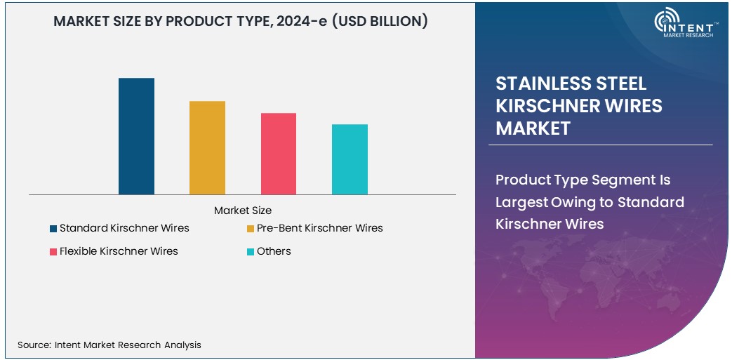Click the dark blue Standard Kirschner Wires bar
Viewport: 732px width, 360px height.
coord(136,136)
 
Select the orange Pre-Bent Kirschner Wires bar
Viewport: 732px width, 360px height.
coord(207,148)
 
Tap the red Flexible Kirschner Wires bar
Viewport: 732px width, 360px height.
coord(279,154)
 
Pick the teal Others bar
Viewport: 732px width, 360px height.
coord(350,159)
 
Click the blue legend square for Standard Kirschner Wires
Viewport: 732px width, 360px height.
coord(53,228)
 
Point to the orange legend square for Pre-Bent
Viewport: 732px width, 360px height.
coord(251,228)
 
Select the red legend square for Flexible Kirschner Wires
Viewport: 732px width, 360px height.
coord(53,251)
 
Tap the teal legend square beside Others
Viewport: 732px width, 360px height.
coord(251,251)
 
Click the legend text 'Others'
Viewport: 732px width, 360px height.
coord(274,251)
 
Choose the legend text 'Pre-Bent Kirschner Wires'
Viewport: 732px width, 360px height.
coord(320,228)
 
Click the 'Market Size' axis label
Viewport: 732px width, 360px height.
coord(243,211)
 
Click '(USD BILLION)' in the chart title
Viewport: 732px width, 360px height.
coord(380,21)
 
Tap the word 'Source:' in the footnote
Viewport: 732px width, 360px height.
coord(34,345)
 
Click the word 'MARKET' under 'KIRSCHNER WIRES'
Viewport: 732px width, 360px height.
coord(533,128)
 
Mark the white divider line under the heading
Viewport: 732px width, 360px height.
coord(600,145)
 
